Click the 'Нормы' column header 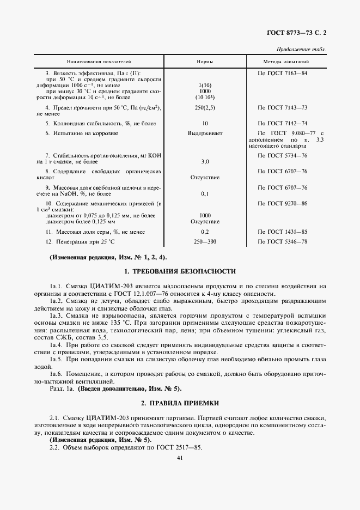205,62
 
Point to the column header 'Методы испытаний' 286,62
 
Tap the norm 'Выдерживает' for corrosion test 205,133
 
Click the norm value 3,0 205,162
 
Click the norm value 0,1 205,193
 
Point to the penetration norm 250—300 205,241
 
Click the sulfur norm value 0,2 205,232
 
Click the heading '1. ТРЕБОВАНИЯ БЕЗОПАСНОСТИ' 180,271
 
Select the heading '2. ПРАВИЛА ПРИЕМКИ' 180,403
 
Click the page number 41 180,458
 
